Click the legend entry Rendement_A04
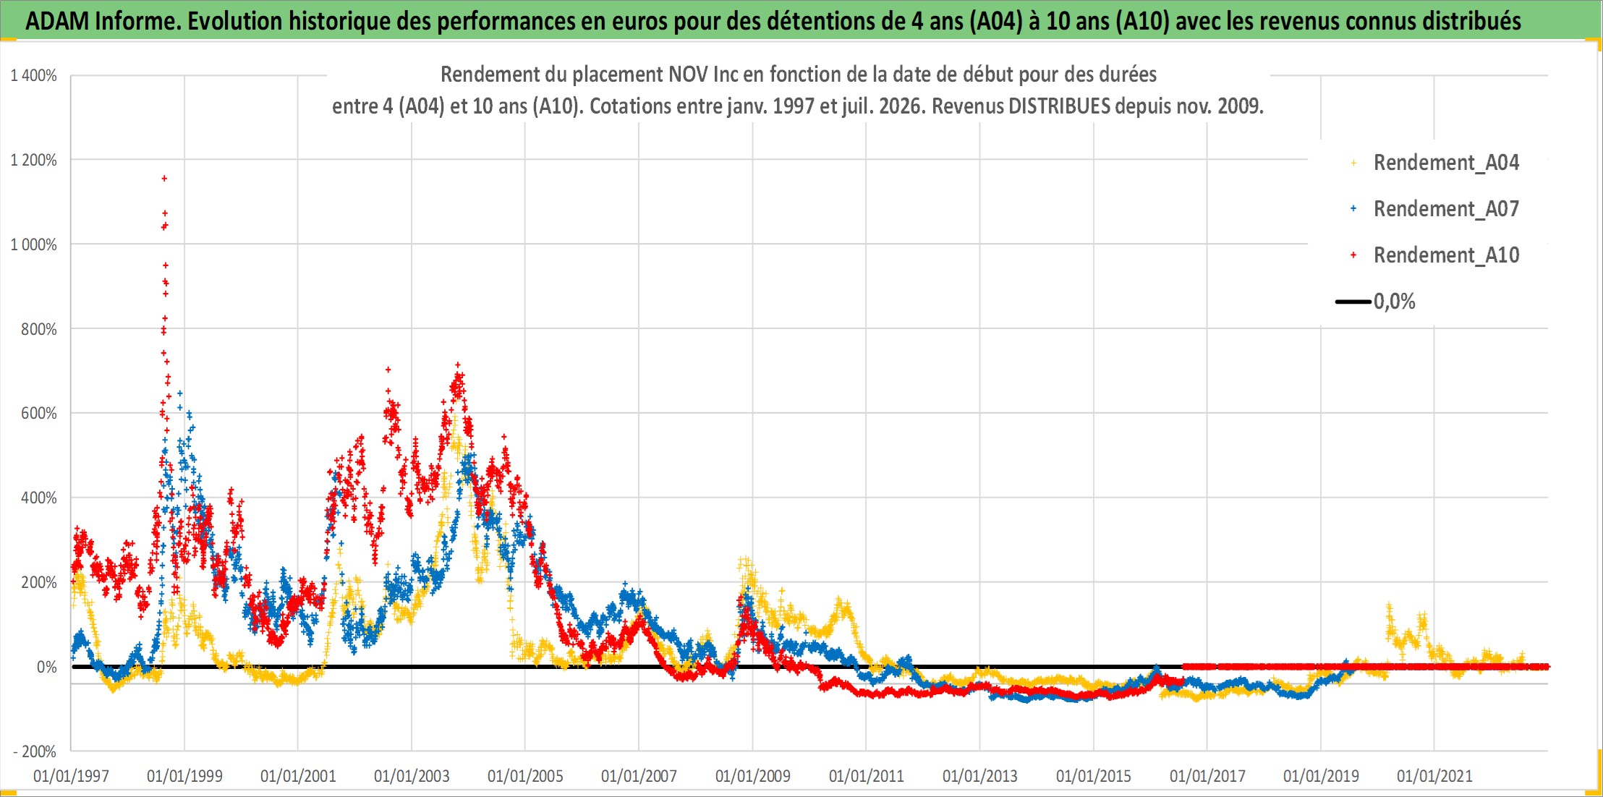point(1446,163)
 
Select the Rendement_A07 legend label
point(1446,209)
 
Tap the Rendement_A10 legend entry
point(1446,255)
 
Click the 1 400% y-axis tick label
point(33,75)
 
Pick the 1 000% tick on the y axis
point(33,244)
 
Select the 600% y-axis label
point(39,413)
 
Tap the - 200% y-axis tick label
point(35,751)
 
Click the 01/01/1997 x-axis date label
point(71,776)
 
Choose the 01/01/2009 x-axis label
point(753,776)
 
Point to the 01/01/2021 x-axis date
point(1434,776)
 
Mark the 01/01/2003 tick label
point(412,776)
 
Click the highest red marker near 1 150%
point(164,178)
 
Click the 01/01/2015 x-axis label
point(1094,776)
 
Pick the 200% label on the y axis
point(39,582)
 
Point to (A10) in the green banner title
point(1142,21)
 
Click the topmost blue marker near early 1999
point(180,393)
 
